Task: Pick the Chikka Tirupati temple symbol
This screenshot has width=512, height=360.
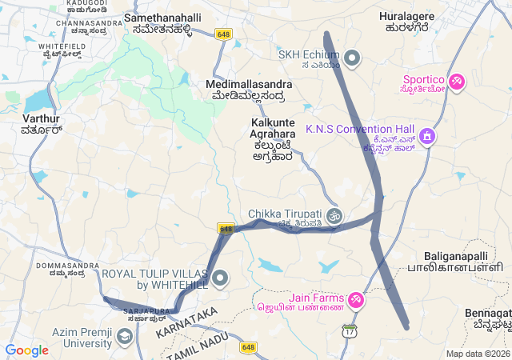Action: pyautogui.click(x=335, y=214)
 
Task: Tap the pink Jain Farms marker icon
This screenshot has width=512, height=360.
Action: pyautogui.click(x=356, y=300)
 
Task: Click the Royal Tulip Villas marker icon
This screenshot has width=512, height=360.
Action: pyautogui.click(x=221, y=278)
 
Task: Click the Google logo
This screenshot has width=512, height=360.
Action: pyautogui.click(x=26, y=350)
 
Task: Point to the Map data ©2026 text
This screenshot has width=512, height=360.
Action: pyautogui.click(x=477, y=354)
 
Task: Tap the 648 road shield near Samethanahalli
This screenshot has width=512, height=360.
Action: pyautogui.click(x=223, y=34)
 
